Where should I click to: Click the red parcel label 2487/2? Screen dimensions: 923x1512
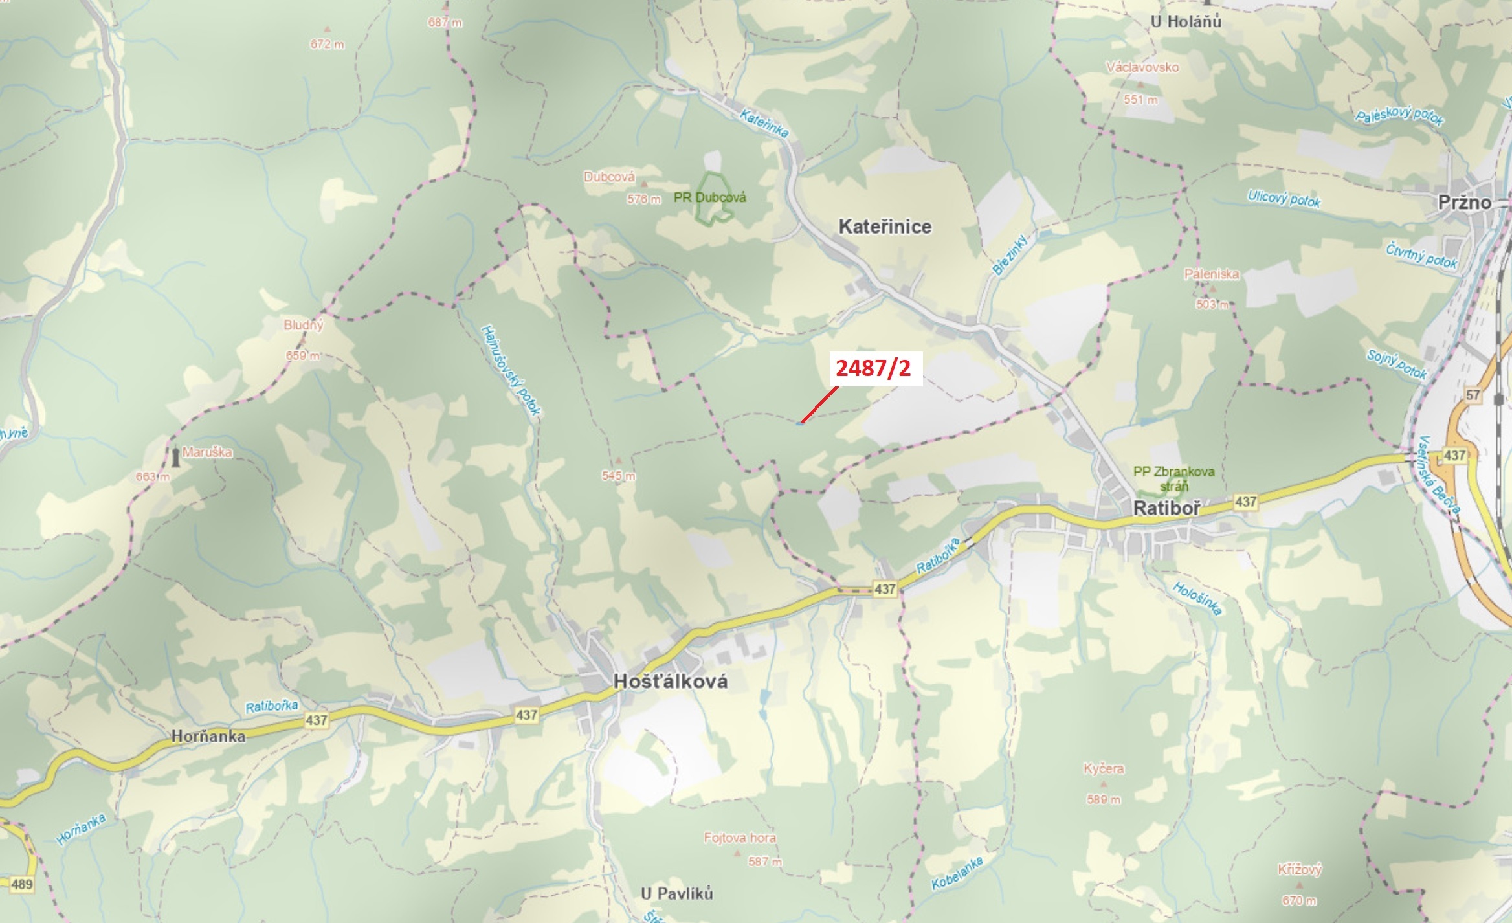pyautogui.click(x=873, y=368)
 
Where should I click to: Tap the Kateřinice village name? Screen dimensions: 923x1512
pyautogui.click(x=885, y=227)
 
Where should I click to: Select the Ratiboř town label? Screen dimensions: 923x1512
pyautogui.click(x=1167, y=508)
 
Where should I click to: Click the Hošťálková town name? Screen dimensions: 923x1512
pyautogui.click(x=671, y=681)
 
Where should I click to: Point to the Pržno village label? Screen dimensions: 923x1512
pyautogui.click(x=1464, y=203)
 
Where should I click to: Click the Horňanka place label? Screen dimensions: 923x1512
pyautogui.click(x=208, y=737)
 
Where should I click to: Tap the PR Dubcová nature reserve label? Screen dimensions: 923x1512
pyautogui.click(x=709, y=197)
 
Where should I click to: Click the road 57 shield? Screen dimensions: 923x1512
pyautogui.click(x=1473, y=395)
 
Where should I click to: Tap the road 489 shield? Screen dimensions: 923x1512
pyautogui.click(x=21, y=884)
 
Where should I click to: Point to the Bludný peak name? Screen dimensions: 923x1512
pyautogui.click(x=303, y=325)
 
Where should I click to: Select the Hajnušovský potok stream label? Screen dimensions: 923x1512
pyautogui.click(x=511, y=370)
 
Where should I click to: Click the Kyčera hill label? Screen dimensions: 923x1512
pyautogui.click(x=1104, y=769)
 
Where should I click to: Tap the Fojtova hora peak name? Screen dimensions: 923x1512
pyautogui.click(x=740, y=838)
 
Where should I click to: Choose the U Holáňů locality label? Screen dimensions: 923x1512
pyautogui.click(x=1186, y=21)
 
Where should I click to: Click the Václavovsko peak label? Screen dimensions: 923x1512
pyautogui.click(x=1142, y=67)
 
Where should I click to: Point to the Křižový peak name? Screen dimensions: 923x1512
pyautogui.click(x=1299, y=869)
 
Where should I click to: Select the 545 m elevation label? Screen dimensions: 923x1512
pyautogui.click(x=618, y=476)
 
